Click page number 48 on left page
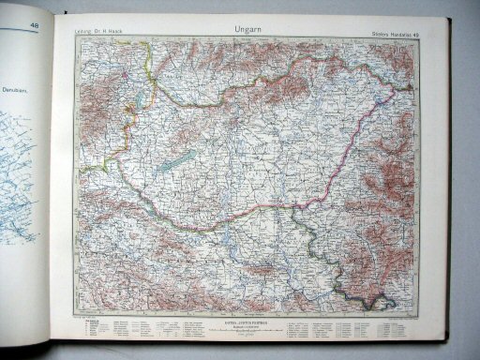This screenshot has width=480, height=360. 35,26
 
